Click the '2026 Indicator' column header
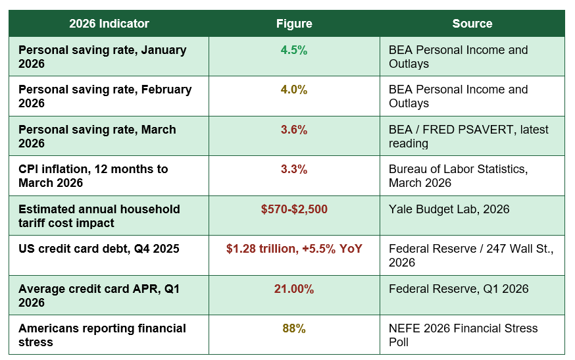tap(109, 24)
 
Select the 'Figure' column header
tap(294, 24)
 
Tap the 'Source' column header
tap(472, 24)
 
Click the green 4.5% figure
tap(294, 50)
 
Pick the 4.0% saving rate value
tap(294, 90)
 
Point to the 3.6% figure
tap(294, 130)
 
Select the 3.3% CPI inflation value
tap(294, 169)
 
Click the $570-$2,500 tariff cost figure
tap(294, 209)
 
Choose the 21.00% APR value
tap(294, 289)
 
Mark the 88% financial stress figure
tap(294, 328)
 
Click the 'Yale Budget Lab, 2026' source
tap(449, 209)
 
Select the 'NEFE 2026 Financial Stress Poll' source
tap(463, 335)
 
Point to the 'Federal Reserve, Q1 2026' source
tap(459, 289)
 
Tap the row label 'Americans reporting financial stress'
tap(103, 335)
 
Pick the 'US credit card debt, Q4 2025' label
tap(99, 249)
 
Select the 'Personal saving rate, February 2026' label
tap(105, 96)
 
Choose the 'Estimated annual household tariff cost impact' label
tap(99, 216)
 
